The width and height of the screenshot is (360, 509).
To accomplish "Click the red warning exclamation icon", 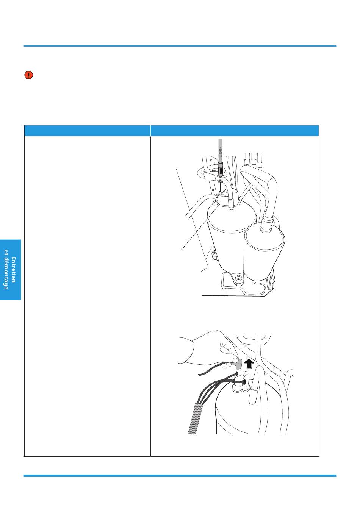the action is click(29, 75).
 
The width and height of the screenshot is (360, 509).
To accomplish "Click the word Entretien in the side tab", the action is click(14, 270).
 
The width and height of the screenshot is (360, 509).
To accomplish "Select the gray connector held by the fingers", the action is click(236, 364).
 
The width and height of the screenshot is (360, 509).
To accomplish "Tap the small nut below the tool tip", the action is click(220, 181).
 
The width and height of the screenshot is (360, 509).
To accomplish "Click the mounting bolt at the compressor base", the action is click(238, 278).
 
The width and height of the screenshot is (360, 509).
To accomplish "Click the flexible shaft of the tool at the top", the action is click(220, 150).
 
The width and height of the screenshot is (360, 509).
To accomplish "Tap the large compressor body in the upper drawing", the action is click(231, 234).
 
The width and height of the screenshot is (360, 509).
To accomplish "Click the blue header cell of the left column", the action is click(87, 131).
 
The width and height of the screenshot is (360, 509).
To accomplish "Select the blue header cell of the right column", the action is click(235, 131).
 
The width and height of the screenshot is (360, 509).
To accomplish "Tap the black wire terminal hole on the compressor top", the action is click(245, 383).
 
